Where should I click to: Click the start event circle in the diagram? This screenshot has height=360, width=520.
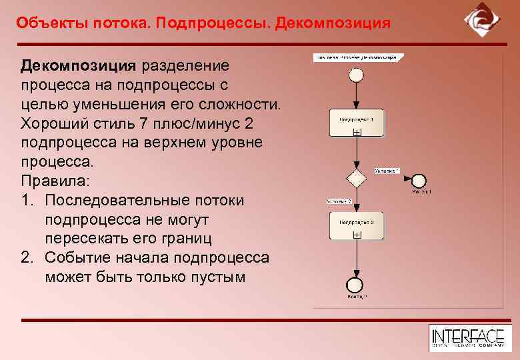click(x=357, y=75)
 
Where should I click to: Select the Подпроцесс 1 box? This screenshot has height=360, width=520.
click(x=357, y=122)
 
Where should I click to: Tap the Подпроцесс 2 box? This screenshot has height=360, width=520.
click(x=357, y=225)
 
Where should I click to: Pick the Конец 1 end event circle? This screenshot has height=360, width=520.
click(x=419, y=180)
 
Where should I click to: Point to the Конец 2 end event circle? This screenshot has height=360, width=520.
click(x=357, y=284)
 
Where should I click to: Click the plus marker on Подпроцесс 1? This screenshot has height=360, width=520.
click(x=357, y=133)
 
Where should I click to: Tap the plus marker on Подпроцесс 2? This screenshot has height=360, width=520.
click(x=357, y=235)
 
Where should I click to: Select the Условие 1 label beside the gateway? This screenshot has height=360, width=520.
click(x=387, y=171)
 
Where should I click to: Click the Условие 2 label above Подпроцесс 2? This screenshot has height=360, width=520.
click(x=339, y=201)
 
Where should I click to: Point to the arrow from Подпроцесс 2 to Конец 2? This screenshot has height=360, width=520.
click(x=357, y=257)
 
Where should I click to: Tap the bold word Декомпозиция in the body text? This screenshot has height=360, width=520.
click(x=79, y=66)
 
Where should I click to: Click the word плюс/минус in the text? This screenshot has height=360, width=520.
click(x=193, y=124)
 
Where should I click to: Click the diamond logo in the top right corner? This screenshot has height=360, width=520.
click(x=481, y=21)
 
